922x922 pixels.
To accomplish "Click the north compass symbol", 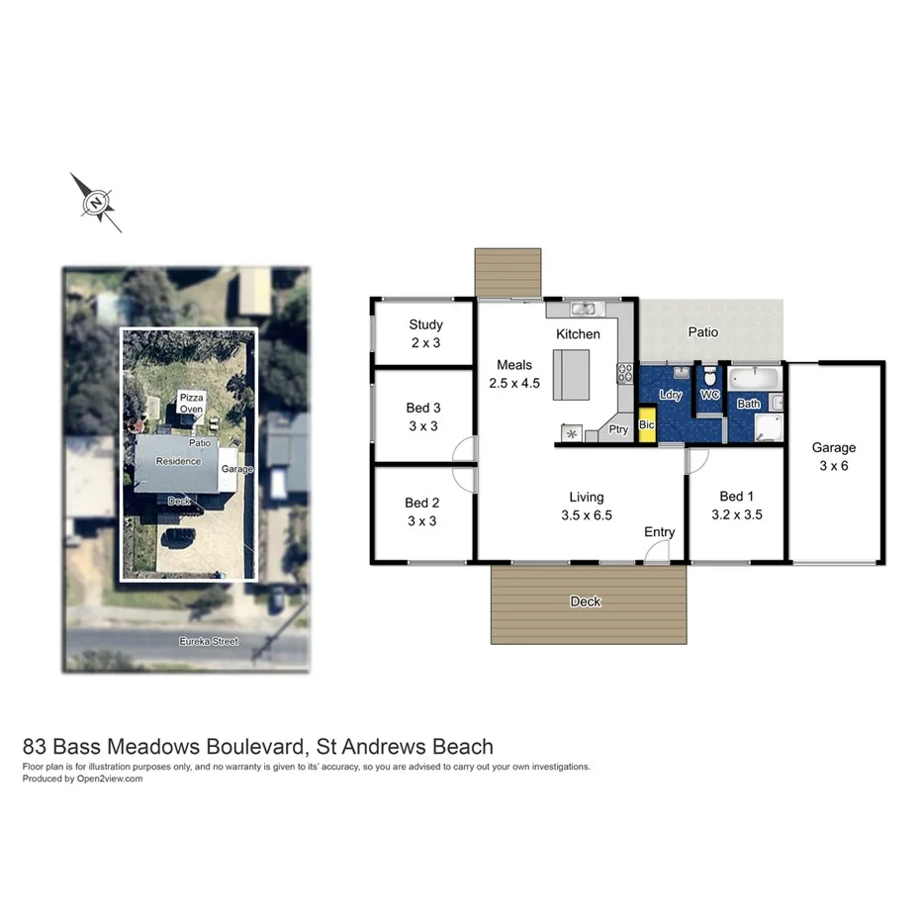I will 96,203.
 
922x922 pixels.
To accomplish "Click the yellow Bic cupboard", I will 647,424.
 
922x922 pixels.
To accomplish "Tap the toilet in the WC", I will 709,379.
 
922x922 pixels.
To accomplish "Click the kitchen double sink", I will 582,309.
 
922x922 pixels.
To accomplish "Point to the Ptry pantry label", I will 617,429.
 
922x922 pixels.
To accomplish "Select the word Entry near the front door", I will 659,532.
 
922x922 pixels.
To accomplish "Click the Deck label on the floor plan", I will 586,601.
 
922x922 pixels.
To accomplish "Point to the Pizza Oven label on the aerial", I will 191,404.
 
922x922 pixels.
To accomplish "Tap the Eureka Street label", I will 208,641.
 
